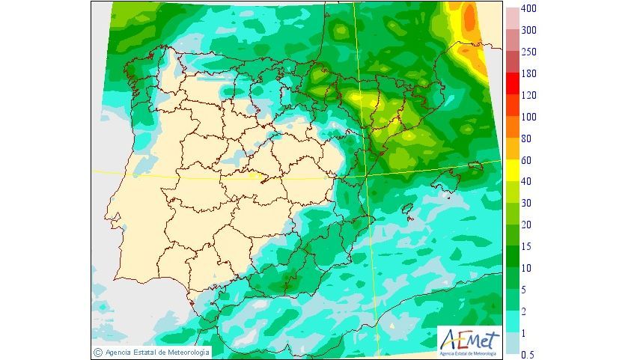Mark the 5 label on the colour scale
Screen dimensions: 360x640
point(525,290)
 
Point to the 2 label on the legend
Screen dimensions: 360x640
point(525,311)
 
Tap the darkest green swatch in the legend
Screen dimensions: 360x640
point(512,257)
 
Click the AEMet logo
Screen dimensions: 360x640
point(469,341)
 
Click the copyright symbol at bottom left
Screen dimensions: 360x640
point(97,352)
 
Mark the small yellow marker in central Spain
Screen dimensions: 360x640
point(260,177)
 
